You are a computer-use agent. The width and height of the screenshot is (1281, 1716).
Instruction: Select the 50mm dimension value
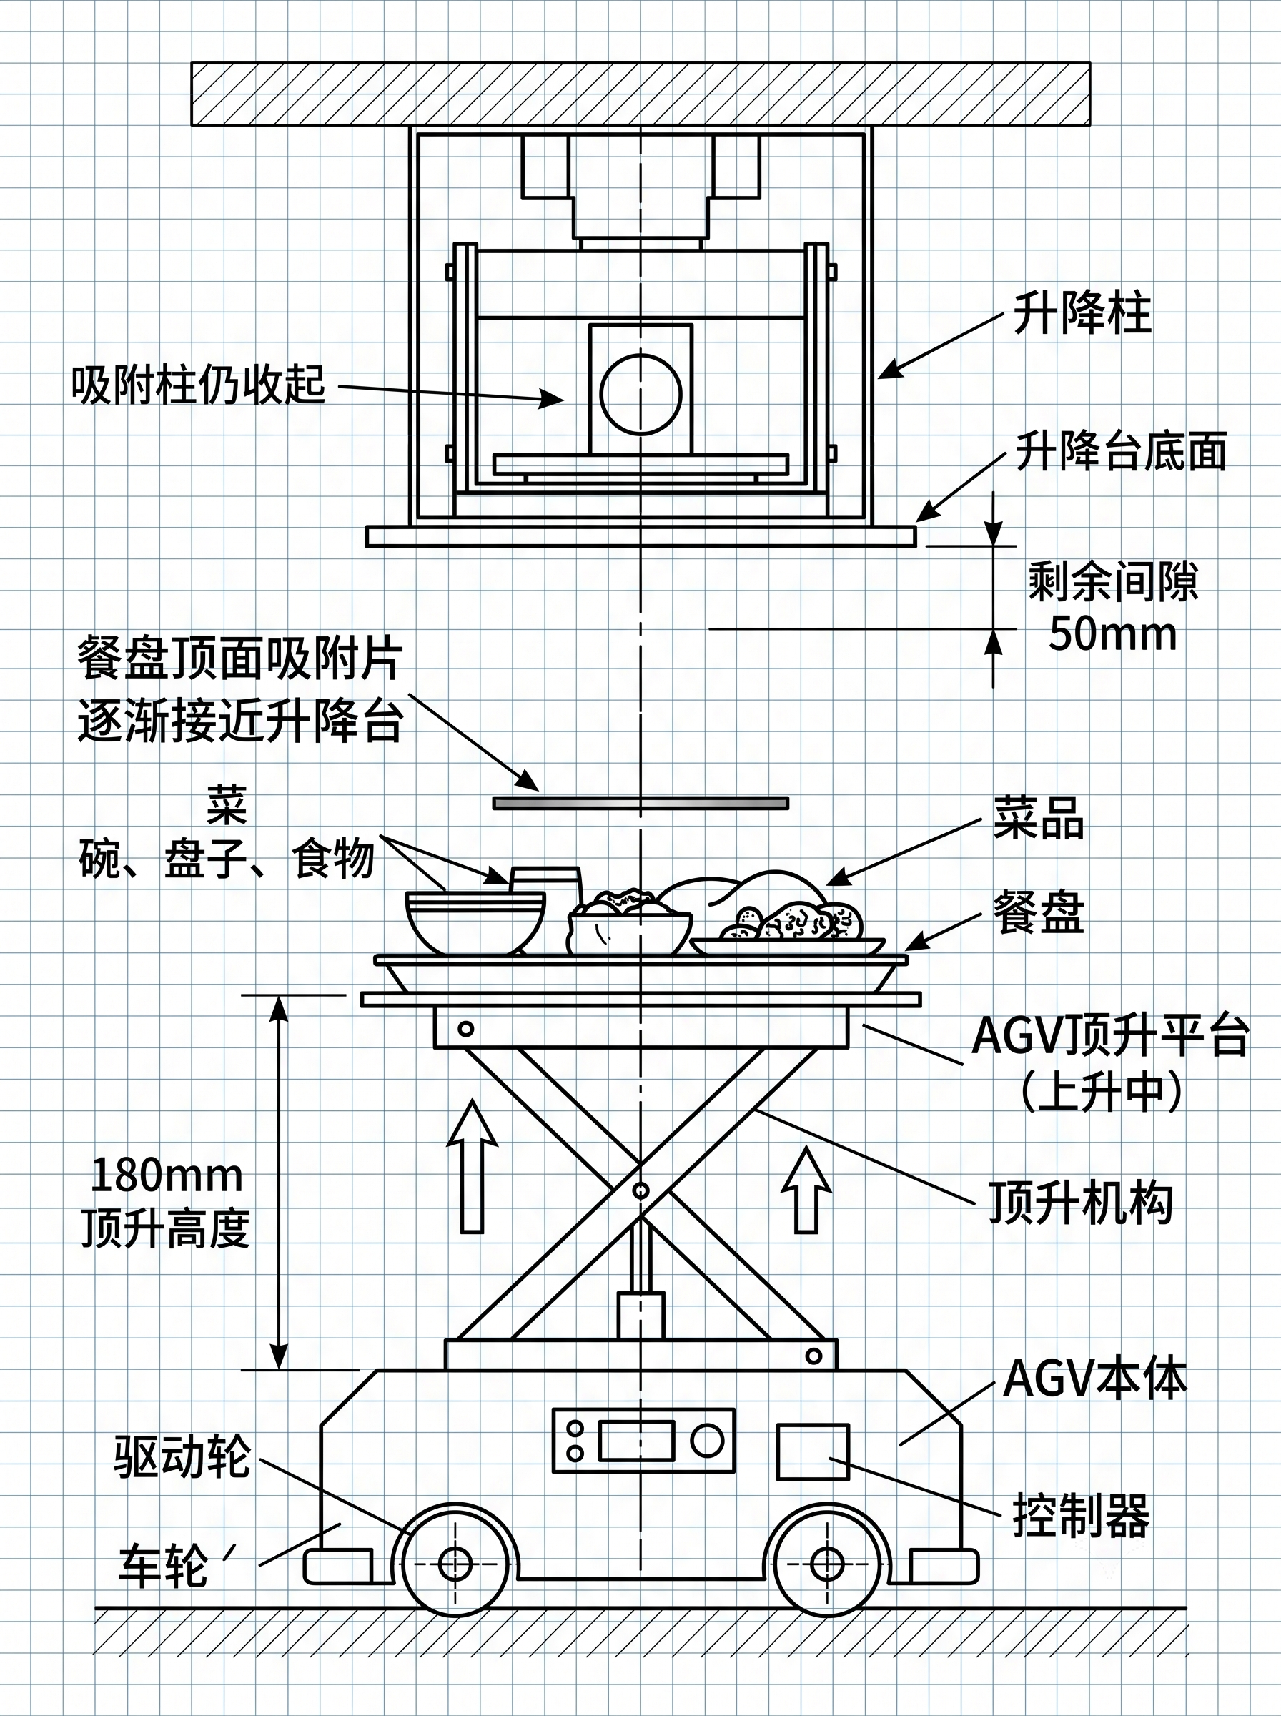pyautogui.click(x=1113, y=633)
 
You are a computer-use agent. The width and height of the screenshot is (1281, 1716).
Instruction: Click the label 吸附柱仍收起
pyautogui.click(x=199, y=383)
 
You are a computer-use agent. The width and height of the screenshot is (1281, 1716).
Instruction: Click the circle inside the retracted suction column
pyautogui.click(x=641, y=394)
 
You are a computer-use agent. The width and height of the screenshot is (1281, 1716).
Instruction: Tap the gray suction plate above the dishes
pyautogui.click(x=641, y=802)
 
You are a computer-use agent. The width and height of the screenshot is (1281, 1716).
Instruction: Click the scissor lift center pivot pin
pyautogui.click(x=640, y=1190)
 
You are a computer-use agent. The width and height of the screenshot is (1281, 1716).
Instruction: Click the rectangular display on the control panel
pyautogui.click(x=635, y=1441)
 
